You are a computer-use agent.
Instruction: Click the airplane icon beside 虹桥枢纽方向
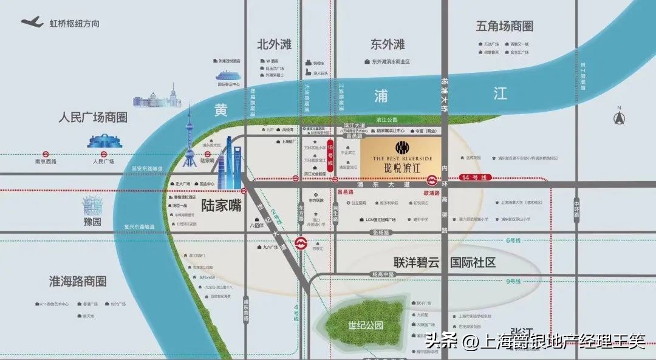coord(32,22)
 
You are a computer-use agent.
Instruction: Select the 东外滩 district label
coord(388,45)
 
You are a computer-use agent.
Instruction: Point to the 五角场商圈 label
coord(505,27)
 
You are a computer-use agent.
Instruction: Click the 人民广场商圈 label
coord(93,117)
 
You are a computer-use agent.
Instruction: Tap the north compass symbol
coord(620,116)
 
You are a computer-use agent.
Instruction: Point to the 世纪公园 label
coord(366,325)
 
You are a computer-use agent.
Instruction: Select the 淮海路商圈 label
coord(78,281)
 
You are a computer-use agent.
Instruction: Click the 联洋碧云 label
coord(419,263)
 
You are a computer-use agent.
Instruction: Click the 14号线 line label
coord(474,177)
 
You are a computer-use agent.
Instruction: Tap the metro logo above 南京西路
coord(46,154)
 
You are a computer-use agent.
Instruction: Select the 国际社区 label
coord(473,263)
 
